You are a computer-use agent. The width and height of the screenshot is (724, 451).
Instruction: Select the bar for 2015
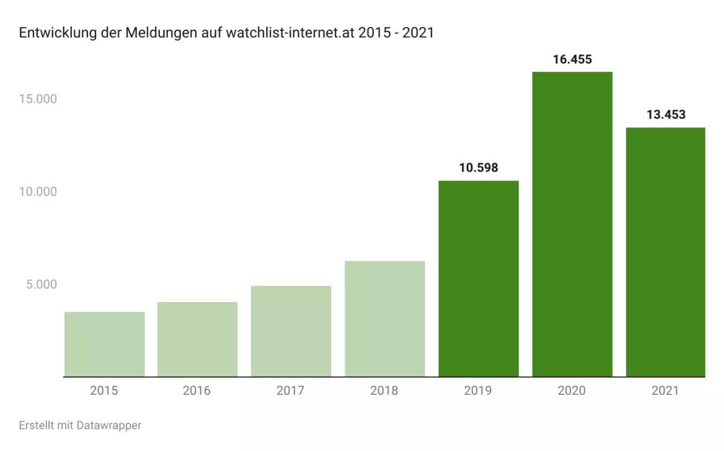click(104, 344)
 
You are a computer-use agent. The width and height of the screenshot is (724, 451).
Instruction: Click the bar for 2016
click(197, 339)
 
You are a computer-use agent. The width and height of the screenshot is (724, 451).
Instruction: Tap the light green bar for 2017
click(291, 332)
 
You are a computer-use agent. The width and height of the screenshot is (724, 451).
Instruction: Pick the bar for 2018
click(385, 319)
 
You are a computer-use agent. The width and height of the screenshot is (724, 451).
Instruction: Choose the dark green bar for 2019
click(478, 279)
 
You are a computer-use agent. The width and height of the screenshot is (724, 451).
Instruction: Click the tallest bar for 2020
click(572, 224)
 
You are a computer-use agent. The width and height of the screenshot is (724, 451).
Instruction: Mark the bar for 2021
click(665, 252)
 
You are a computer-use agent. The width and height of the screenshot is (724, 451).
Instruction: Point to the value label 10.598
click(478, 168)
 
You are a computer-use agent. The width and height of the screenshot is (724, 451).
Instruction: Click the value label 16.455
click(572, 59)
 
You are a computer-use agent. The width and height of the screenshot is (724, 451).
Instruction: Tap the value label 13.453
click(665, 115)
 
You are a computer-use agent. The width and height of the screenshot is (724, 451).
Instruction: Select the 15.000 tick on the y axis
click(37, 99)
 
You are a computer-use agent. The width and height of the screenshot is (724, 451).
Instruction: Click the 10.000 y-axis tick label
click(37, 192)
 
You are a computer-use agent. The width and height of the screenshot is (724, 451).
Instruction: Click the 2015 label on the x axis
click(104, 391)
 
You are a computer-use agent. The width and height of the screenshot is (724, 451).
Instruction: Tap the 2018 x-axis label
click(385, 391)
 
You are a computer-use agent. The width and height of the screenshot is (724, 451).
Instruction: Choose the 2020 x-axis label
click(572, 391)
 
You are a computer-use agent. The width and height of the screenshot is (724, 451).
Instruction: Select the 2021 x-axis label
click(665, 391)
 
